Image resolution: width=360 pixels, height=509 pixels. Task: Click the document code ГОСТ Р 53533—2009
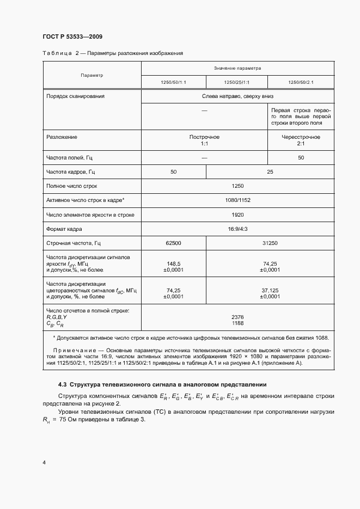(x=72, y=36)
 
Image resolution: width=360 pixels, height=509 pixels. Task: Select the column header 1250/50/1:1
(x=173, y=82)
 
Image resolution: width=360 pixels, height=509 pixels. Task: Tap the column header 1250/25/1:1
(x=237, y=82)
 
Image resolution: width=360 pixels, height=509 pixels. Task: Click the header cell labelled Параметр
(x=91, y=75)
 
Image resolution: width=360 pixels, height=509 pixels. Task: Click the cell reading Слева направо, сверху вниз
(x=237, y=96)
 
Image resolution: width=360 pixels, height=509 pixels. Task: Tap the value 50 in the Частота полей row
(x=301, y=158)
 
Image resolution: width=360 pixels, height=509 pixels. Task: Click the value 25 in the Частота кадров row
(x=270, y=172)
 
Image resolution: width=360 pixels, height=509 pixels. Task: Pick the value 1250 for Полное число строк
(x=237, y=186)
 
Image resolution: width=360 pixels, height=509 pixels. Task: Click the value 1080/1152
(x=237, y=201)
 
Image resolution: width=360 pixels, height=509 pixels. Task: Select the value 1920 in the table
(x=237, y=215)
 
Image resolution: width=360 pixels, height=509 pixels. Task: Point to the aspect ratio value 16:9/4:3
(x=237, y=229)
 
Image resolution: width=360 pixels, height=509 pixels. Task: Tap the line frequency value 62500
(x=173, y=243)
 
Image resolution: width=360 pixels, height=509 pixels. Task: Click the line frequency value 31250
(x=270, y=243)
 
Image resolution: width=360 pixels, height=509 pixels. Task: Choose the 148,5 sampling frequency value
(x=173, y=262)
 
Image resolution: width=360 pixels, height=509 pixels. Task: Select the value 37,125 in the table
(x=270, y=290)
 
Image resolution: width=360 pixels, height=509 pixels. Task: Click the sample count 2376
(x=237, y=316)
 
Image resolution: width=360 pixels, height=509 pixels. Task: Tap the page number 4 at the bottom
(x=44, y=462)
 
